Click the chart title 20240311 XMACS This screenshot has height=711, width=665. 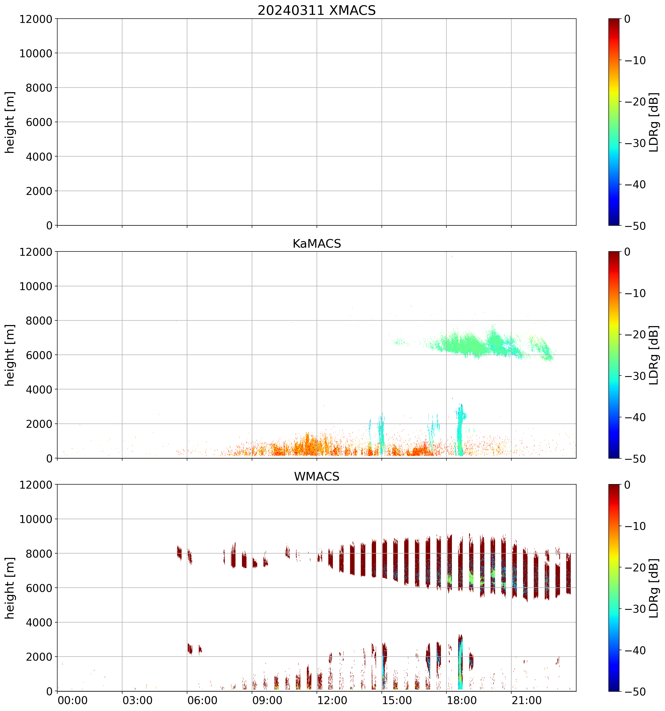point(317,10)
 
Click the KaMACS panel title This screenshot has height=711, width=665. point(317,244)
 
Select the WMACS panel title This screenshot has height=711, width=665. point(317,476)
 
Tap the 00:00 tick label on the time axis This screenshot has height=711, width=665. point(72,700)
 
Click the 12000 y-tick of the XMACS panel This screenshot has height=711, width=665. point(36,19)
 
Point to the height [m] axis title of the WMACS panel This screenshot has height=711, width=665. point(10,588)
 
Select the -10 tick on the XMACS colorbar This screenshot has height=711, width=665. point(636,60)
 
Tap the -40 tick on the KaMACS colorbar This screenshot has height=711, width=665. point(636,417)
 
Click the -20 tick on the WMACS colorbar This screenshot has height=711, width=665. point(636,568)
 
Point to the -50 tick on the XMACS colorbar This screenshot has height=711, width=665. point(636,226)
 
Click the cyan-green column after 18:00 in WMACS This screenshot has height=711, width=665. point(460,662)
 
